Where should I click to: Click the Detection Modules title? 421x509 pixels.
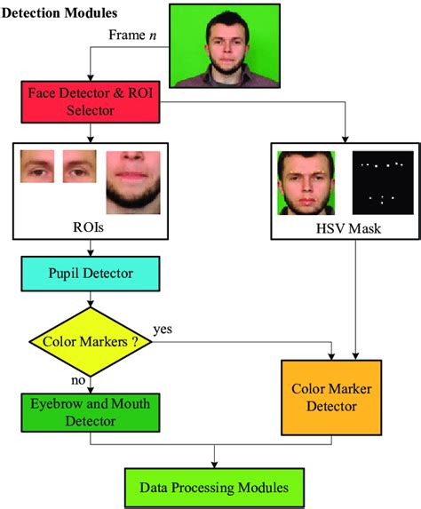coord(60,14)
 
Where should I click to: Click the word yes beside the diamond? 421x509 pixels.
coord(163,329)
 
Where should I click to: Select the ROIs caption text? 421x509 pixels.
coord(88,228)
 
